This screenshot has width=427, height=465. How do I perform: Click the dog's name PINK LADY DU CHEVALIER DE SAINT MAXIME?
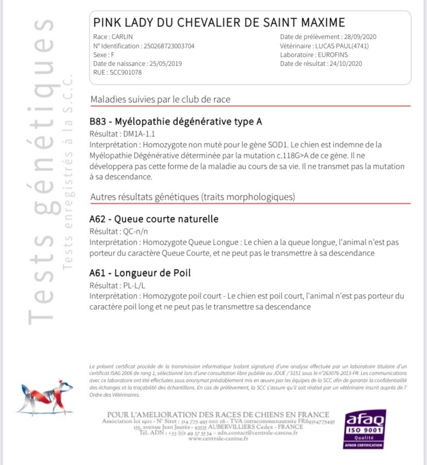coord(219,23)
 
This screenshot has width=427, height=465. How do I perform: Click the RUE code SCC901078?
coord(125,72)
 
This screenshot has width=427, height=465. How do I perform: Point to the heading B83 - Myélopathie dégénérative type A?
coord(175,122)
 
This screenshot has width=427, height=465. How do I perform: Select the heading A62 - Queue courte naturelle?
coord(154,219)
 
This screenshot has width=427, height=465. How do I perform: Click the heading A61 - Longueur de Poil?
coord(140,273)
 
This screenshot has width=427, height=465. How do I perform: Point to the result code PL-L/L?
coord(132,285)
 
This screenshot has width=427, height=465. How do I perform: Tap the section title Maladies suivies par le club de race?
coord(160,99)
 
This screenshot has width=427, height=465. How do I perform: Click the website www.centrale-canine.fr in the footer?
coord(219,439)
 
